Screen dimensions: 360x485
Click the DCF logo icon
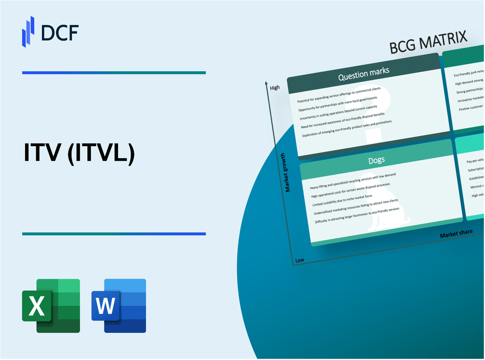click(x=28, y=31)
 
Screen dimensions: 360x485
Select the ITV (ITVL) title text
click(x=78, y=154)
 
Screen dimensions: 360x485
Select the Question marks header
click(x=364, y=75)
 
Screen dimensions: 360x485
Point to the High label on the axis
click(x=275, y=88)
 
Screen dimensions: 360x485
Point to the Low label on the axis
click(x=299, y=260)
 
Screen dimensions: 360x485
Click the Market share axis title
click(x=456, y=234)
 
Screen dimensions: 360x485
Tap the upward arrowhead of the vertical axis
click(x=266, y=82)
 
